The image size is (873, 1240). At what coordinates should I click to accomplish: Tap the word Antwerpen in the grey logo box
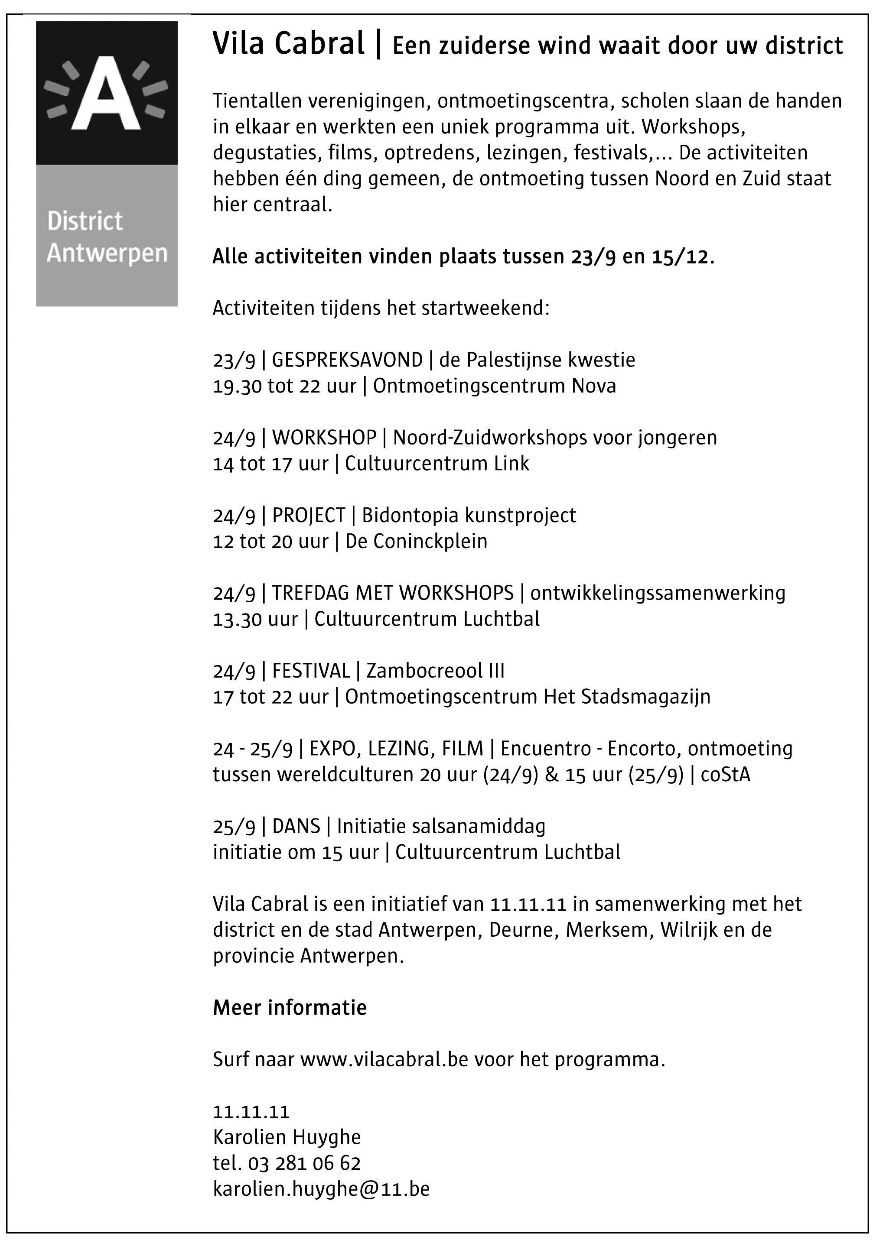pos(107,253)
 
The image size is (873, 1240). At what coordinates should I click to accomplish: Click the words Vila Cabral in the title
pos(289,44)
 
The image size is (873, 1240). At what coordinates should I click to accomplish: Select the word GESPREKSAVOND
pos(347,360)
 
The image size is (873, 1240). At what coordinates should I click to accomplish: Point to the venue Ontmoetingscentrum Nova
pos(494,386)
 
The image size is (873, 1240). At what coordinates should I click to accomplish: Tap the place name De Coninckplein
pos(416,542)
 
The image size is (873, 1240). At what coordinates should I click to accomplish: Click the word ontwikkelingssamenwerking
pos(658,593)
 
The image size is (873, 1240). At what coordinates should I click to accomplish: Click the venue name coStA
pos(726,775)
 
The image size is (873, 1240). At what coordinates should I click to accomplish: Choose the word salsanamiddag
pos(479,826)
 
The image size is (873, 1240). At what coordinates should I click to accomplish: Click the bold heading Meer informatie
pos(290,1008)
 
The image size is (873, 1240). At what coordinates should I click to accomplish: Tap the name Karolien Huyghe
pos(287,1137)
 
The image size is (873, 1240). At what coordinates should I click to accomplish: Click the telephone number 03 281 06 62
pos(304,1163)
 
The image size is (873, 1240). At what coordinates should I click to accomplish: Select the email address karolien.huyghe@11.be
pos(322,1189)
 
